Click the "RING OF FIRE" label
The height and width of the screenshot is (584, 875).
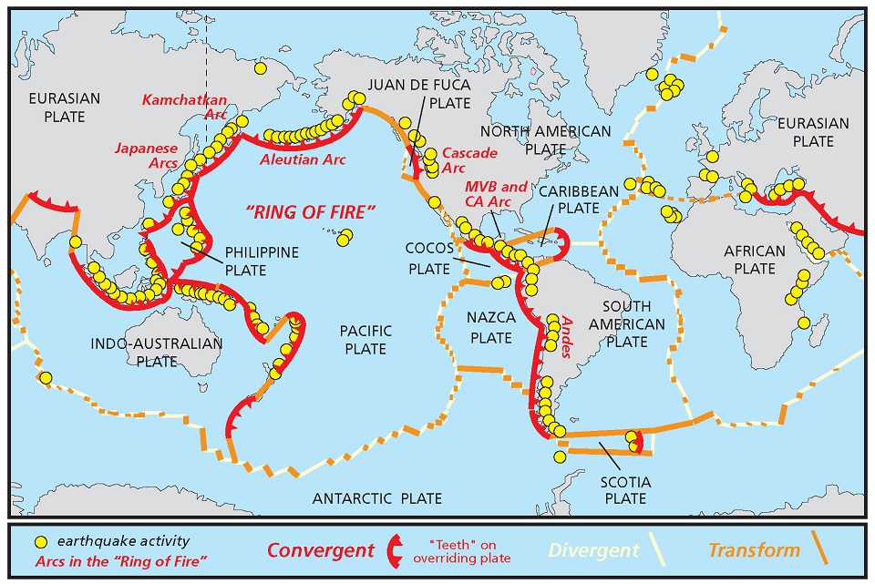point(312,213)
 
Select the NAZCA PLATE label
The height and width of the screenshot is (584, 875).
point(490,327)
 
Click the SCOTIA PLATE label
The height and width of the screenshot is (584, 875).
point(624,488)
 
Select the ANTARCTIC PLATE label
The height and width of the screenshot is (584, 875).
point(377,498)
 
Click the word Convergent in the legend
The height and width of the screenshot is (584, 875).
point(320,550)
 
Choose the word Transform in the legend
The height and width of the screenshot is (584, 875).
point(754,549)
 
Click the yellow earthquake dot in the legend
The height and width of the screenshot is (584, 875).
point(40,539)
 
